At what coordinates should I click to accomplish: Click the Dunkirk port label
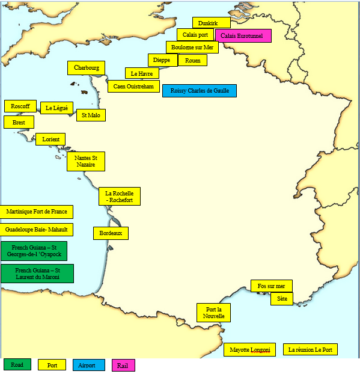tap(211, 23)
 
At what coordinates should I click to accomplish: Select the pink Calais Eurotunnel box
tap(243, 36)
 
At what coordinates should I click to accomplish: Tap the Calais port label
tap(195, 35)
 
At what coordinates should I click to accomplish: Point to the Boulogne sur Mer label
tap(192, 47)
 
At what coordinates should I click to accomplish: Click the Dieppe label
tap(162, 60)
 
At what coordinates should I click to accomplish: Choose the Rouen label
tap(193, 60)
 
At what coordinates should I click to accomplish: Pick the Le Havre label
tap(142, 73)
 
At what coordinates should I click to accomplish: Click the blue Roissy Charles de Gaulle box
tap(199, 91)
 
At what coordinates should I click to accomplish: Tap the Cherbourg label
tap(87, 68)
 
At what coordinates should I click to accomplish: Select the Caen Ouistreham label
tap(134, 87)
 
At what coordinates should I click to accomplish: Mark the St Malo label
tap(91, 115)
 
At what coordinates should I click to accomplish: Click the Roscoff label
tap(20, 106)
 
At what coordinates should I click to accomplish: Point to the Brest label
tap(19, 122)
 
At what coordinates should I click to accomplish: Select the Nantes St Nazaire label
tap(86, 161)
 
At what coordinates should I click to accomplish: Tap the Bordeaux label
tap(111, 233)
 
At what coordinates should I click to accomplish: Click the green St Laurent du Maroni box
tap(37, 274)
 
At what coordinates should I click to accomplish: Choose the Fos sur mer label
tap(272, 286)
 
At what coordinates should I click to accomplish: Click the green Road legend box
tap(17, 364)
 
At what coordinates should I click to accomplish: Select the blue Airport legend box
tap(88, 365)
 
